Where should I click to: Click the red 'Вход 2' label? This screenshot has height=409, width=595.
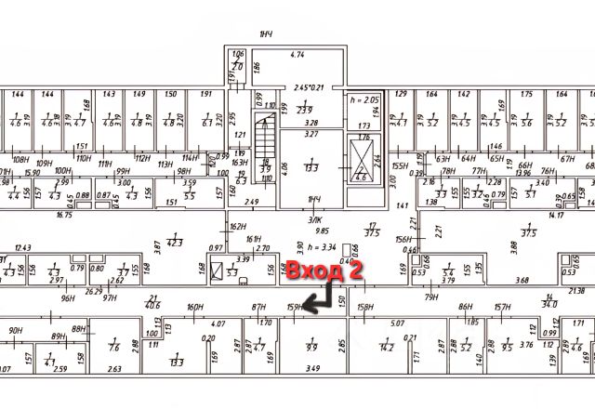coord(322,272)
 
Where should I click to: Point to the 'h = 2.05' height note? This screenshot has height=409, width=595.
coord(364,98)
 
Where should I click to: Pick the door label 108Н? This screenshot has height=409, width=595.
coord(19,160)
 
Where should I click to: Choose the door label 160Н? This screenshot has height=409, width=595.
coord(194,307)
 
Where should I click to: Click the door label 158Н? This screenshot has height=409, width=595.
coord(365,307)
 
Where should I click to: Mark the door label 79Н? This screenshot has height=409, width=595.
coord(431,297)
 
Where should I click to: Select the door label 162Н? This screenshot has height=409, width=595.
coord(238,226)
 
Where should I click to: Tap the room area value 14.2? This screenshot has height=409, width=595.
coord(387,348)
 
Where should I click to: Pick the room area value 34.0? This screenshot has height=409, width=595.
coord(550,302)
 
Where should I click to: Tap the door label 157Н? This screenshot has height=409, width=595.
coord(502,307)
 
